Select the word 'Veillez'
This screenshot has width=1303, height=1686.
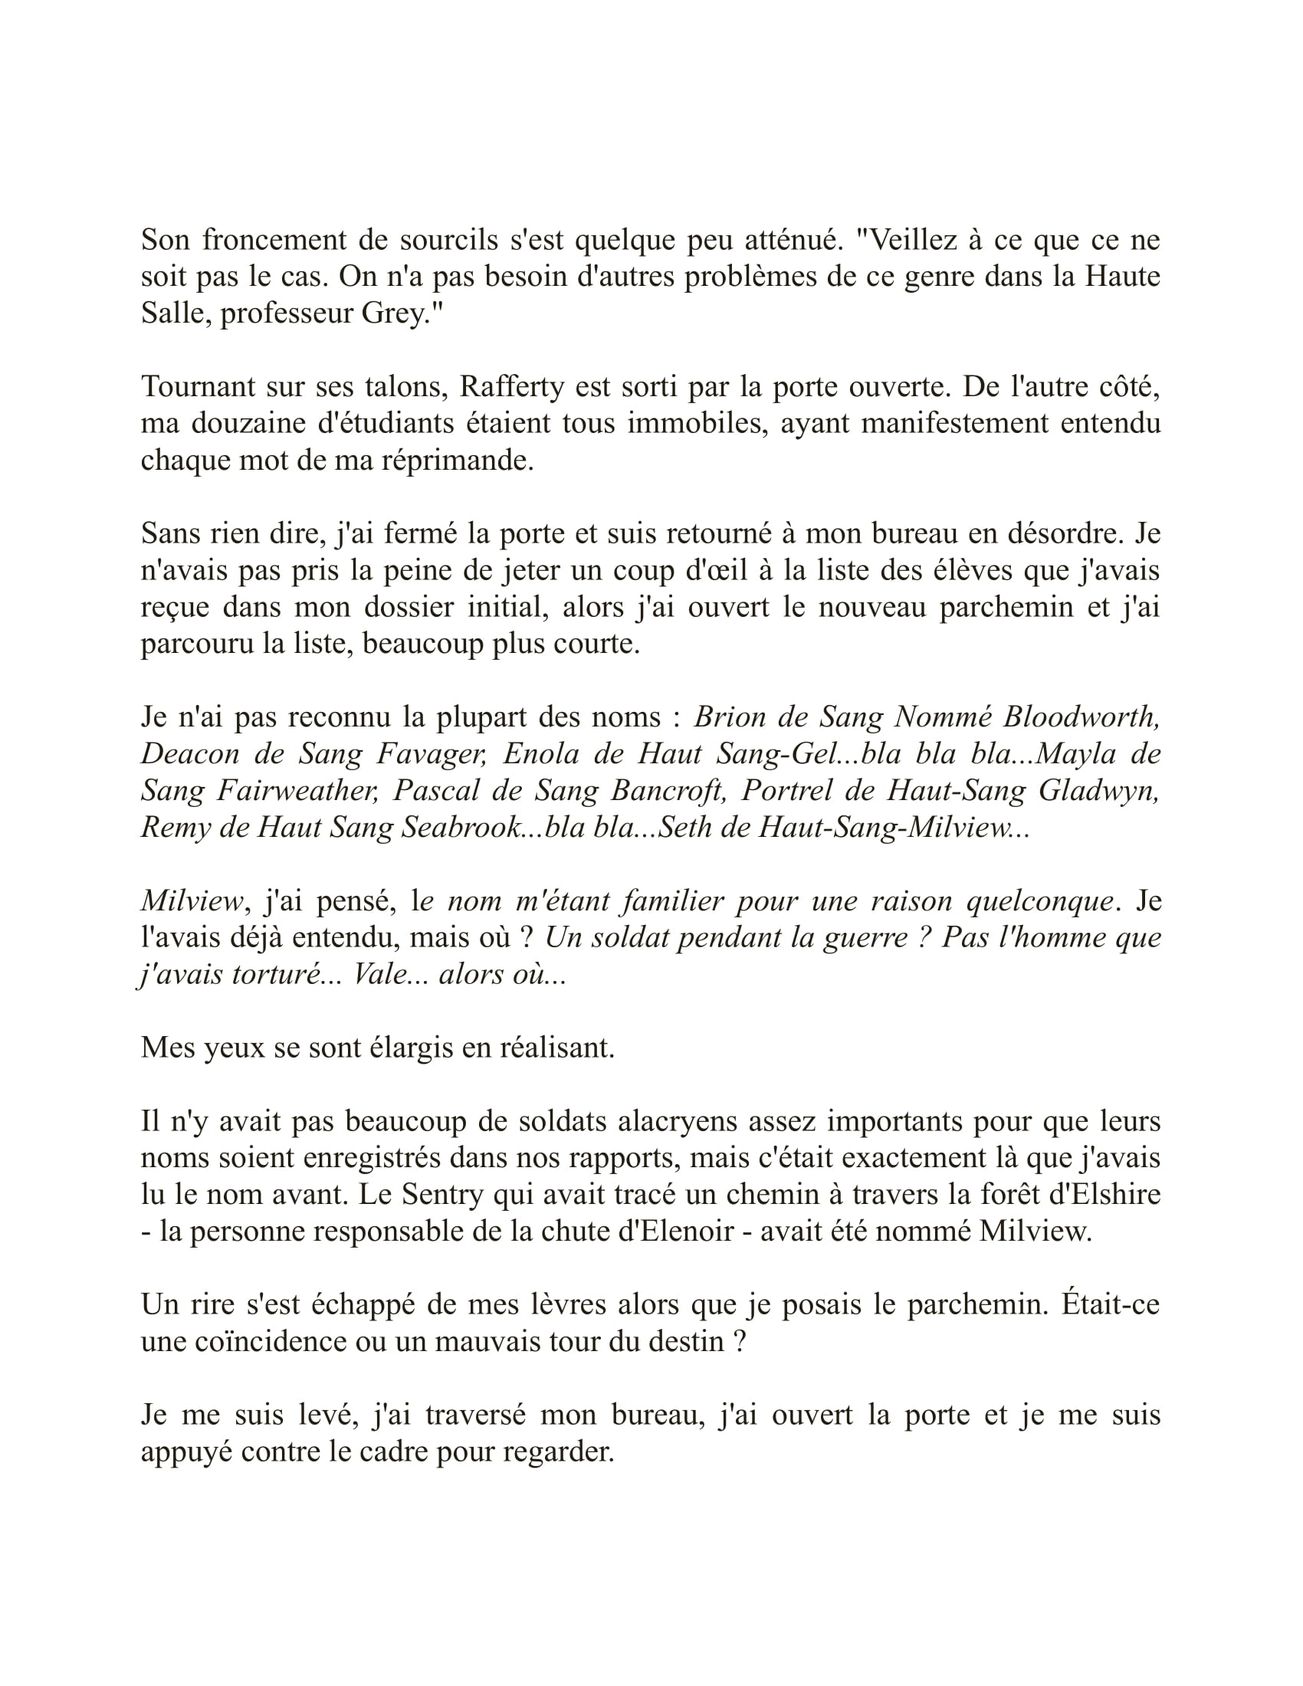coord(905,240)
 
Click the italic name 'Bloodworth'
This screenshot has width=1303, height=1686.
coord(1081,717)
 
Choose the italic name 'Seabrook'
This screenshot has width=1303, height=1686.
coord(462,828)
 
